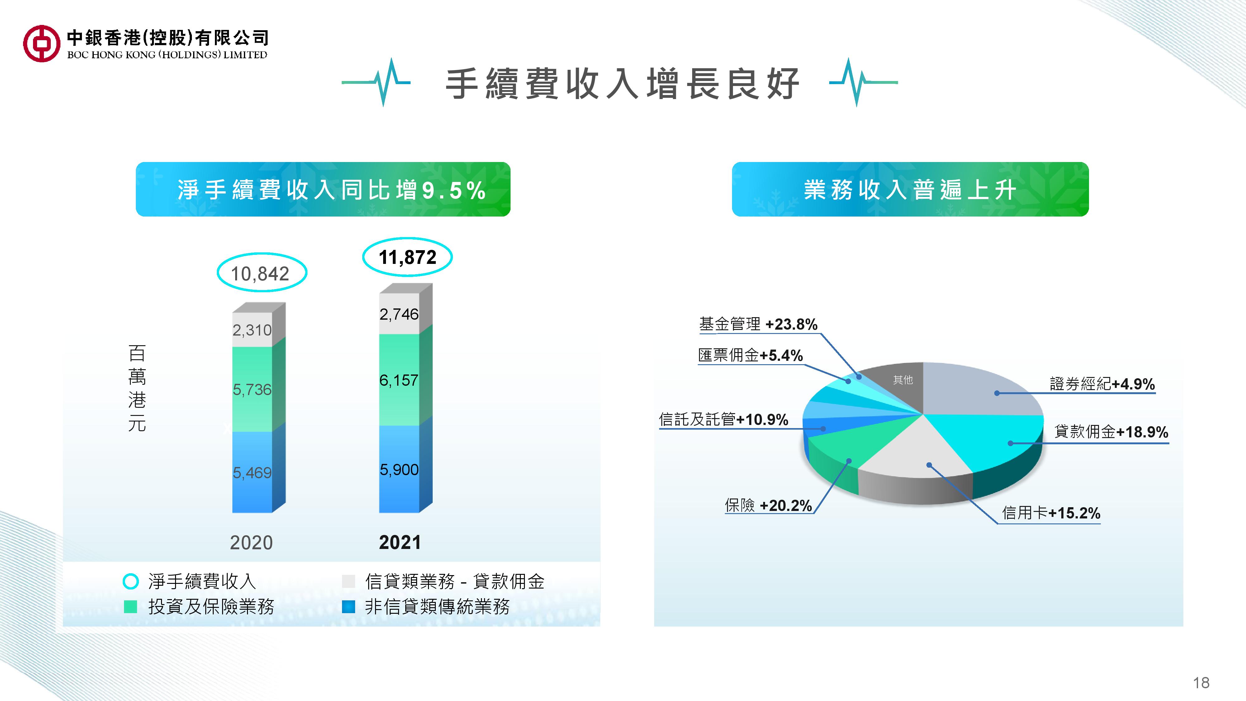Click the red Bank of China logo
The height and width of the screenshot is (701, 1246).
[x=42, y=44]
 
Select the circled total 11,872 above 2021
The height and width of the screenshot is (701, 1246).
[x=407, y=257]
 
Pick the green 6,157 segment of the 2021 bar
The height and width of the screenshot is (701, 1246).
[x=399, y=380]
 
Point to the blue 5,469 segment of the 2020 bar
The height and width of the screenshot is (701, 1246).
[x=252, y=472]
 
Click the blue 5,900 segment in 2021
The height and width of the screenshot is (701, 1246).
[x=399, y=469]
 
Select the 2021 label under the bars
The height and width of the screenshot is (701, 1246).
[x=400, y=542]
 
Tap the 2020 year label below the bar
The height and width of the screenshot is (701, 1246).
[x=251, y=543]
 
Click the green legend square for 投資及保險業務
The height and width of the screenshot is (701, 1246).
[x=131, y=607]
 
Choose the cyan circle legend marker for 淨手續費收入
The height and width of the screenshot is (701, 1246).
[x=131, y=581]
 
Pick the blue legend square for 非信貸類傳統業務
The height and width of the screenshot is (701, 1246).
[x=348, y=607]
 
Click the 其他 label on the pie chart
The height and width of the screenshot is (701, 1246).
[x=903, y=380]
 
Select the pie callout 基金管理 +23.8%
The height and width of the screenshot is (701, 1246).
[x=758, y=324]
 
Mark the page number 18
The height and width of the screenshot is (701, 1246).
[x=1201, y=683]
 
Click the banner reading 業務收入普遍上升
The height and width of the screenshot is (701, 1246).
[x=910, y=189]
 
